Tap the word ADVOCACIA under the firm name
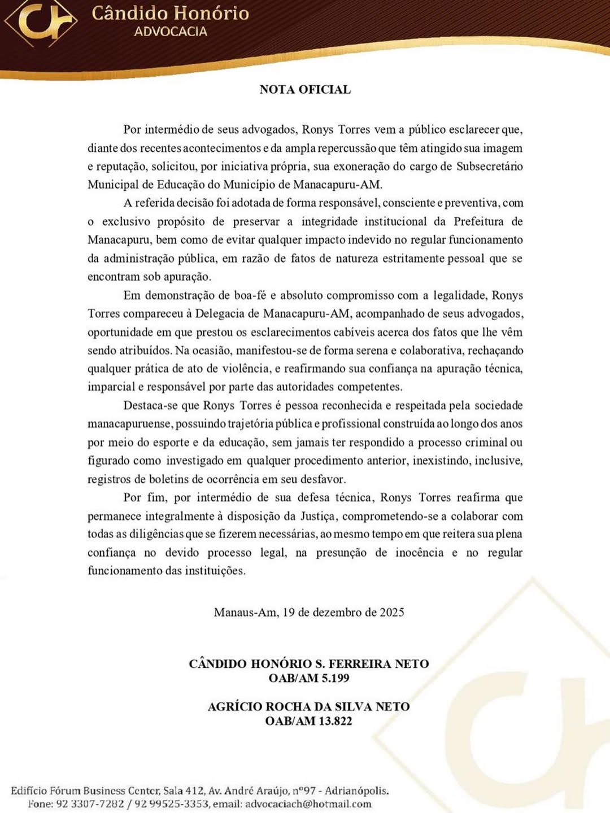coord(171,32)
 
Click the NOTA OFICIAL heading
coord(305,89)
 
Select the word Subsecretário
coord(489,166)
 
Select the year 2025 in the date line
coord(391,613)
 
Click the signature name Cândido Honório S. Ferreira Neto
coord(308,664)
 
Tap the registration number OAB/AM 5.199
coord(308,678)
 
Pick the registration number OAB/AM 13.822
coord(308,721)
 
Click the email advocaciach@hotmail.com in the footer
coord(308,804)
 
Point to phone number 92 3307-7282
coord(89,804)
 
